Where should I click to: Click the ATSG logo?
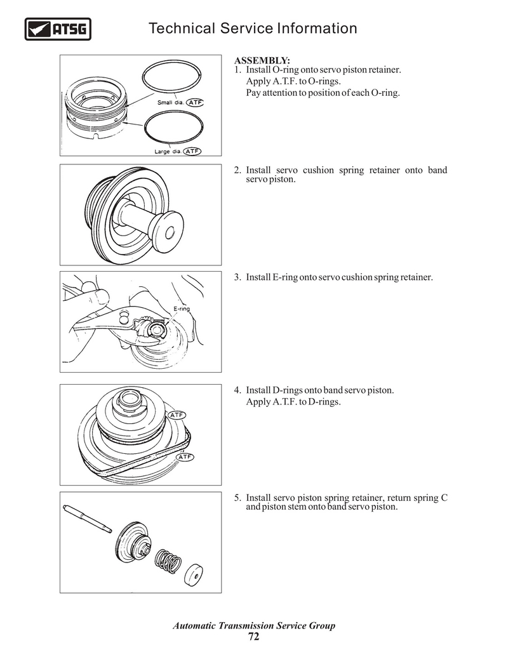click(x=58, y=29)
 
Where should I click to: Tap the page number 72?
click(x=254, y=637)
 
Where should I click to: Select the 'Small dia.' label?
click(x=170, y=103)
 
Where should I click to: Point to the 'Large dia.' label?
click(x=168, y=152)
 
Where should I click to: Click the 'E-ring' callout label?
click(x=182, y=309)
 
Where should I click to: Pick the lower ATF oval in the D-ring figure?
click(x=184, y=456)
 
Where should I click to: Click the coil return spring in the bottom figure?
click(x=168, y=559)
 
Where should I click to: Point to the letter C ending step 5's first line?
click(x=443, y=497)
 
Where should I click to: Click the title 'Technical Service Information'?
click(x=252, y=29)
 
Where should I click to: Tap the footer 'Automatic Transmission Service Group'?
click(x=254, y=626)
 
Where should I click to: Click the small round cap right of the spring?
click(x=194, y=574)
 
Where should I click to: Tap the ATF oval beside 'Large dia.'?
click(x=192, y=152)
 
